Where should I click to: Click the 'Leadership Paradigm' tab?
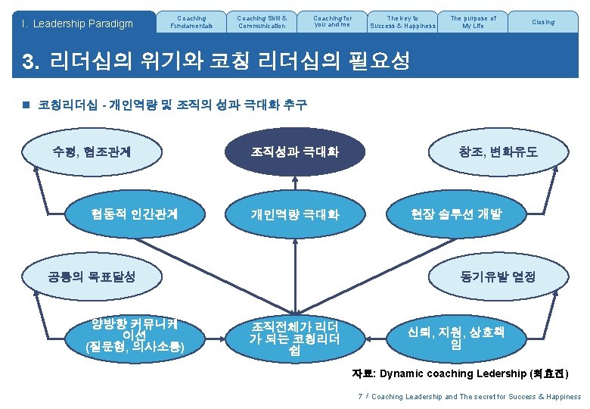[78, 23]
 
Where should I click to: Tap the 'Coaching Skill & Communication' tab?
[261, 22]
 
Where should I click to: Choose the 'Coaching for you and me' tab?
[332, 22]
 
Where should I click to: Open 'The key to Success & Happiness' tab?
[402, 22]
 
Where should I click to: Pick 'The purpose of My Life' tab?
[473, 22]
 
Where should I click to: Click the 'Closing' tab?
[542, 22]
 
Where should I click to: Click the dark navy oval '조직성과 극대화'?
[295, 152]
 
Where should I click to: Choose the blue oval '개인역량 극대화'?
[295, 215]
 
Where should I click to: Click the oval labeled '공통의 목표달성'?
[92, 276]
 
